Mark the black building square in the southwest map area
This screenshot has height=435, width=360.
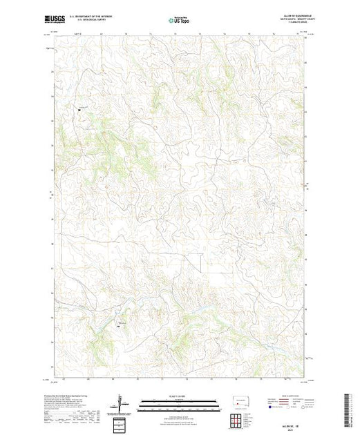coord(118,325)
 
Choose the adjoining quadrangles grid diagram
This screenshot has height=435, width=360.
coord(238,418)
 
